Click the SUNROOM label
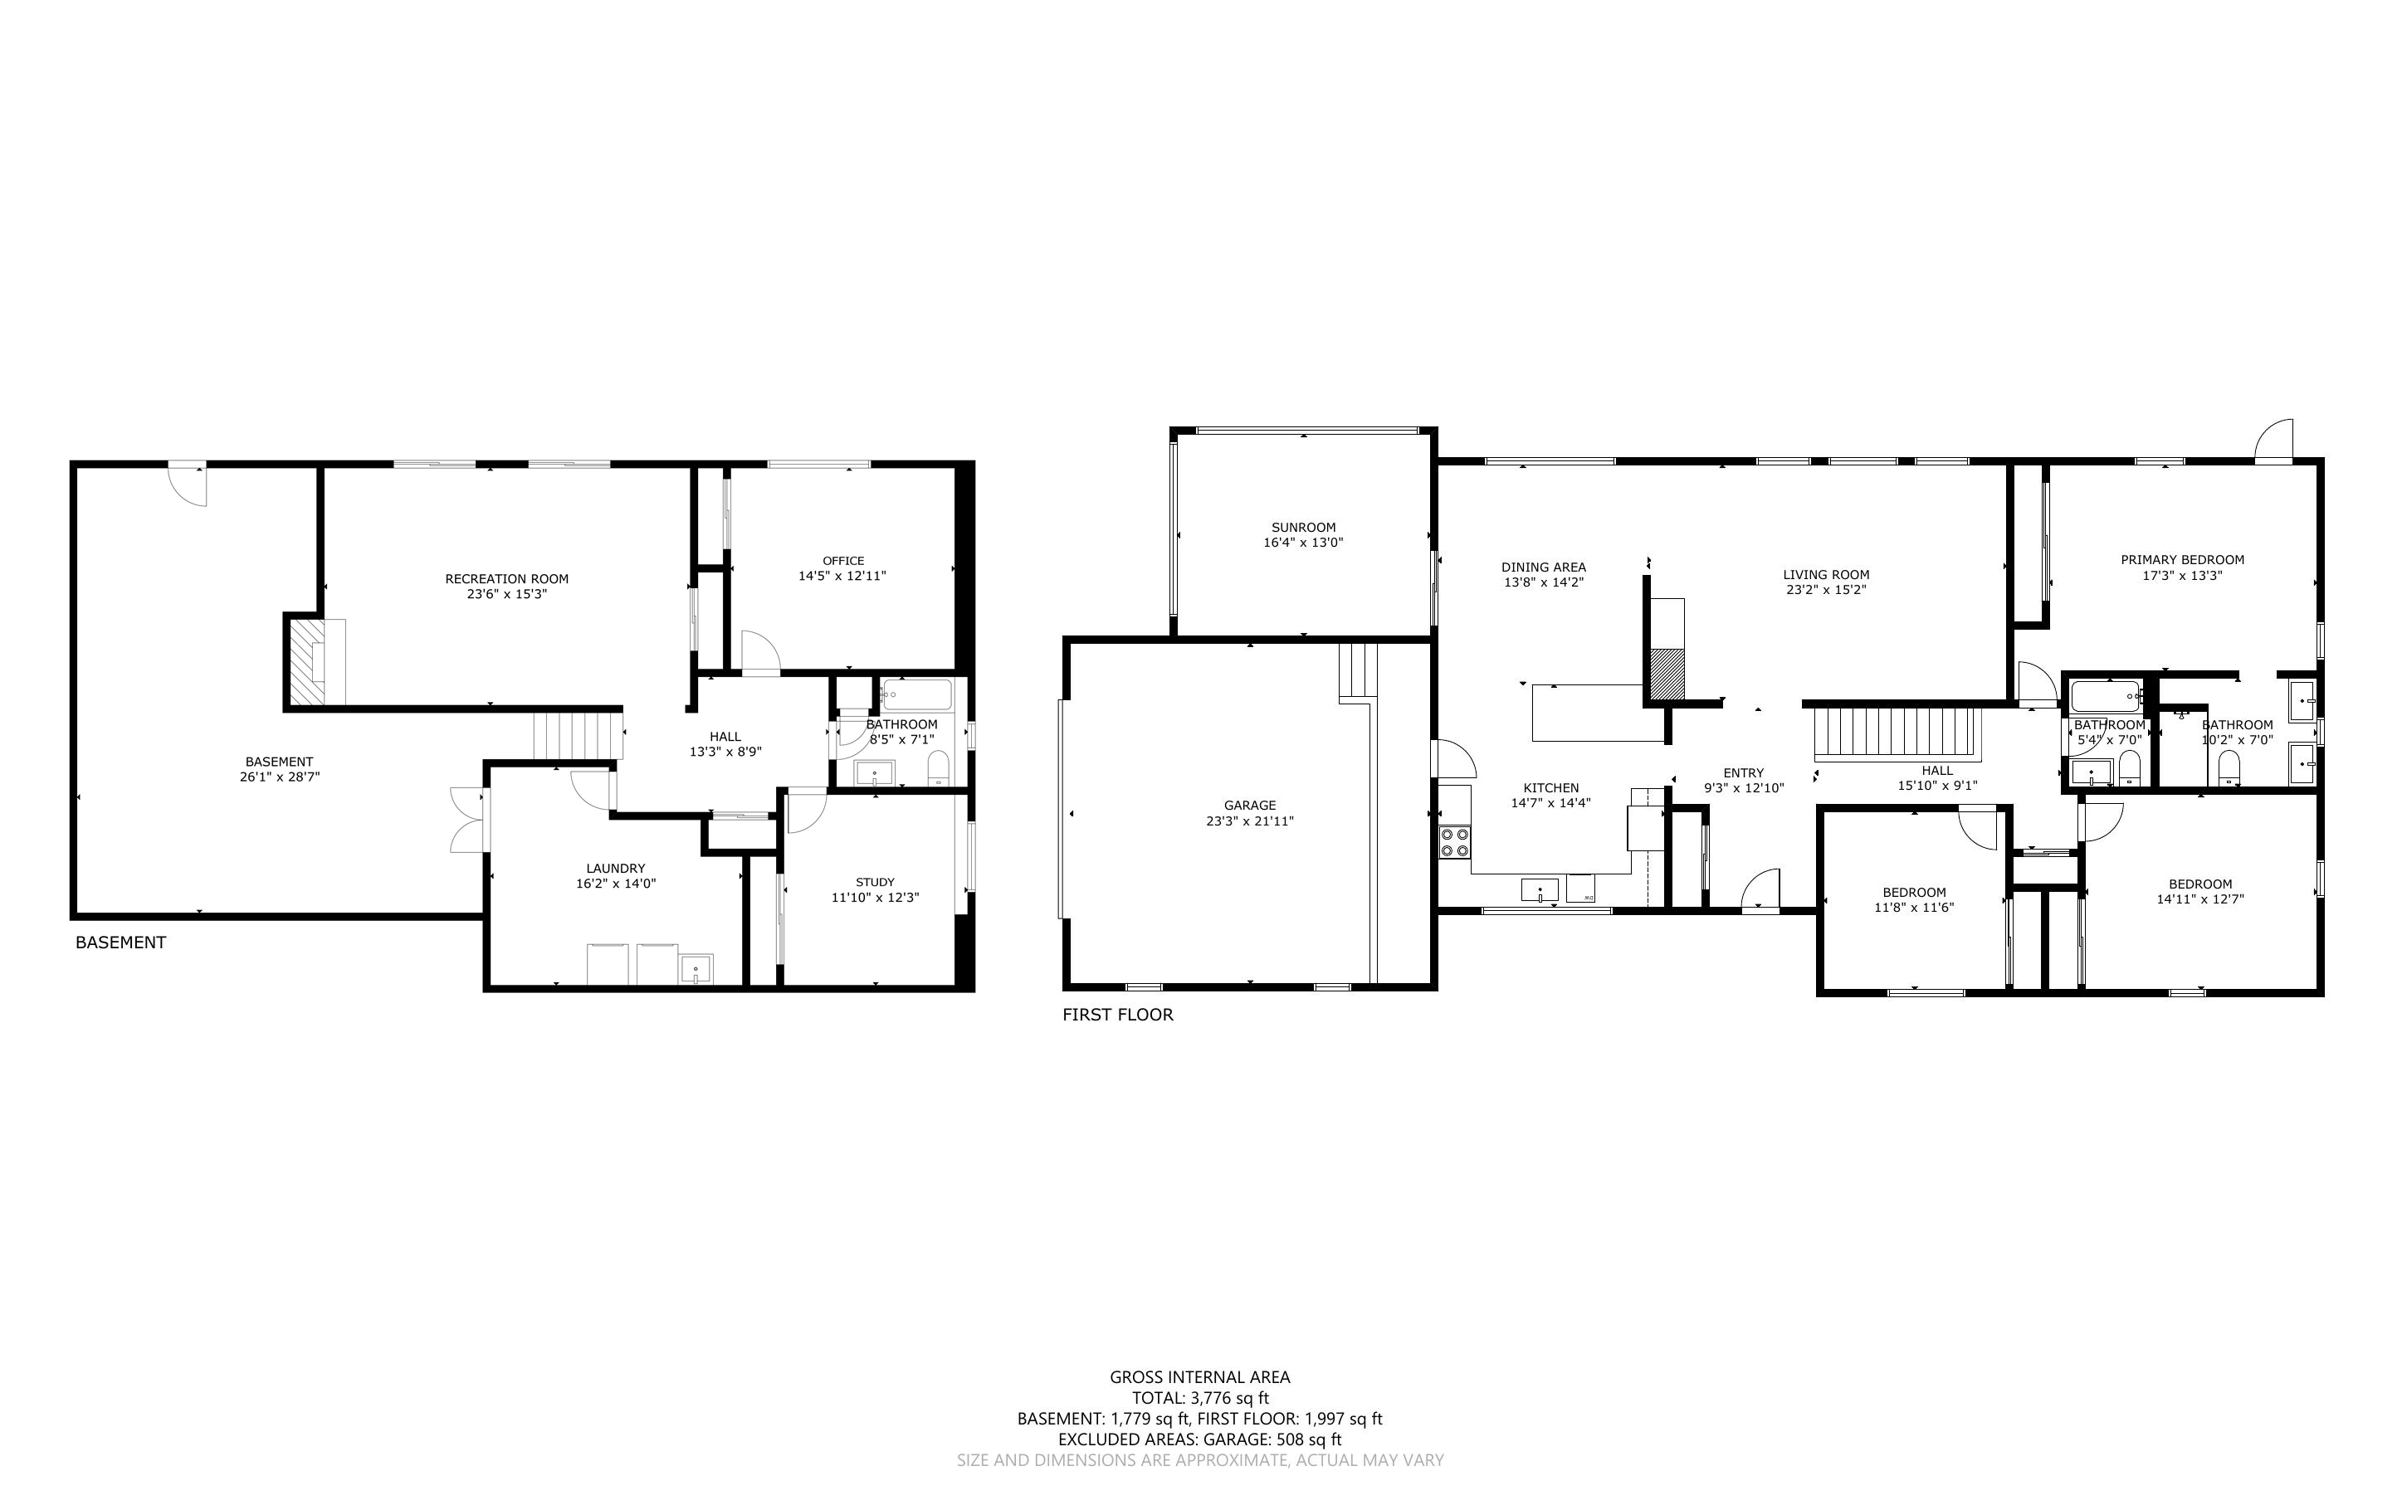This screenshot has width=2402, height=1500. click(1303, 527)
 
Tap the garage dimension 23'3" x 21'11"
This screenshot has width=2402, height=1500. click(1249, 821)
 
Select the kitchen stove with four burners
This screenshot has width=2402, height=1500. click(1454, 842)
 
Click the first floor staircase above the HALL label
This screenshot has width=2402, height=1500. click(1897, 734)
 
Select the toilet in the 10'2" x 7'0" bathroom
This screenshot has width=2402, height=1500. click(2229, 766)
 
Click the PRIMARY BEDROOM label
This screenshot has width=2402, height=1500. click(2182, 559)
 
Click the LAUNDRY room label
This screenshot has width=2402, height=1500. click(615, 868)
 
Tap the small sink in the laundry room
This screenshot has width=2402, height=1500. click(696, 968)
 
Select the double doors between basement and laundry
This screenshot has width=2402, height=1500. click(468, 820)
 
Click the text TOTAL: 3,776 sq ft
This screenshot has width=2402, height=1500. click(1199, 1398)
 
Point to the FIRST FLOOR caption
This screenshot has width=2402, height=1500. click(1117, 1015)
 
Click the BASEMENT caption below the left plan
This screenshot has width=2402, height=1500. click(120, 942)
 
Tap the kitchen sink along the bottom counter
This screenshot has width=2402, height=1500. click(1539, 890)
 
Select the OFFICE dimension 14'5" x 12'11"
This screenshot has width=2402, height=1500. click(842, 576)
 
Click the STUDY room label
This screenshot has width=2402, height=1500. click(874, 882)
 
